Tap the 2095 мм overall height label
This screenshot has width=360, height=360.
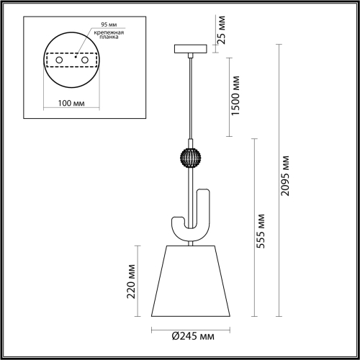pos(287,177)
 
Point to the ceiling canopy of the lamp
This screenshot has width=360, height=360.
pos(190,50)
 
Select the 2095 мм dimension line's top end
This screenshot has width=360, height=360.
pos(279,45)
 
